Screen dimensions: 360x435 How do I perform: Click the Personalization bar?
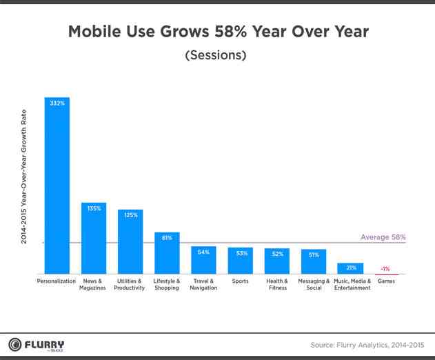(57, 186)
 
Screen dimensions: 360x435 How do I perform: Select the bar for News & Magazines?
(93, 239)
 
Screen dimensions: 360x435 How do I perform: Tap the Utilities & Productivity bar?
(130, 242)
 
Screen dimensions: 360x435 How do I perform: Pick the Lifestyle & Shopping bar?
(167, 254)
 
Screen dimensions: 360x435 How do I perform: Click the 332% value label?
(57, 103)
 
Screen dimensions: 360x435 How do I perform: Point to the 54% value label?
(203, 252)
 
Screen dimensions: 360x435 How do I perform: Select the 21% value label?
(350, 268)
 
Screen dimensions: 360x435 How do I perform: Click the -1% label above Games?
(387, 268)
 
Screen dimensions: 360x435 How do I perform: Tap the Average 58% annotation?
(383, 237)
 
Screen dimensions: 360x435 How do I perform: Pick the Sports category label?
(240, 281)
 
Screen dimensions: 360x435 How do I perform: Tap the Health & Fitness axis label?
(276, 285)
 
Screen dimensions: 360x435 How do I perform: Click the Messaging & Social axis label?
(314, 285)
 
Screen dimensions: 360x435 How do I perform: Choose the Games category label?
(387, 281)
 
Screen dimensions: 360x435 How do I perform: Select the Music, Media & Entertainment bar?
(350, 269)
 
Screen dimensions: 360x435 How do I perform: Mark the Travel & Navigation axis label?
(203, 285)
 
